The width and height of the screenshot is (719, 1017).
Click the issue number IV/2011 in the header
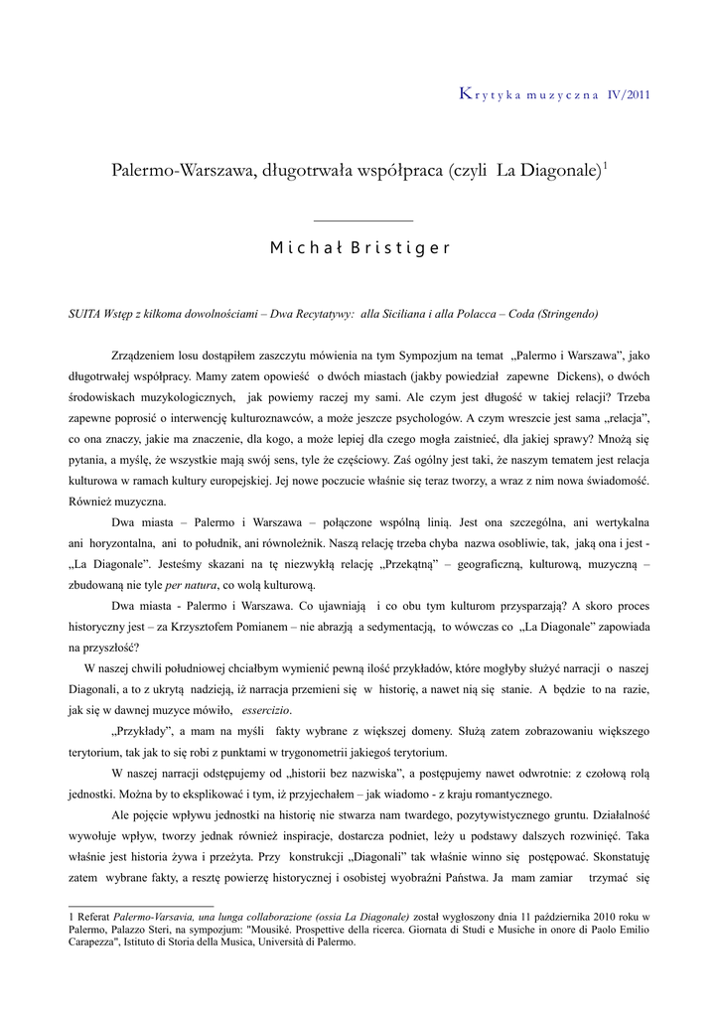click(x=628, y=95)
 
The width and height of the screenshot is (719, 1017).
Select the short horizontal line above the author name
click(x=362, y=220)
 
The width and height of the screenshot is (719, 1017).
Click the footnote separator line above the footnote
click(x=141, y=905)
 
